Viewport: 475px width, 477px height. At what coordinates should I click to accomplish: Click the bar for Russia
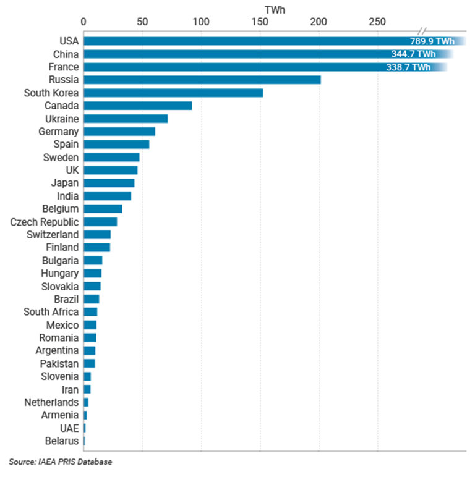[202, 80]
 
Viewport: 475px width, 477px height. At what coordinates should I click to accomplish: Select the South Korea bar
[173, 93]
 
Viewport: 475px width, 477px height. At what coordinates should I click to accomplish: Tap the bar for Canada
[138, 106]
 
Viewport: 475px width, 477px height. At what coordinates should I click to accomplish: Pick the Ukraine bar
[126, 119]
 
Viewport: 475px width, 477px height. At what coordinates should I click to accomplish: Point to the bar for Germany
[119, 132]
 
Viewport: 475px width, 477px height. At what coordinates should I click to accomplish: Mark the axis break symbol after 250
[422, 31]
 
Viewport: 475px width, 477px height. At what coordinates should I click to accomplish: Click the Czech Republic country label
[45, 222]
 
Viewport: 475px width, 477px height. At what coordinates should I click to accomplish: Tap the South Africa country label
[51, 312]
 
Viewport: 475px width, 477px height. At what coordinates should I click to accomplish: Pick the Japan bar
[109, 183]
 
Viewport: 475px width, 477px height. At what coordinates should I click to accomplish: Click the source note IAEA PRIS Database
[61, 462]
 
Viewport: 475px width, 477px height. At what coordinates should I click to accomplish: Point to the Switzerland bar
[97, 235]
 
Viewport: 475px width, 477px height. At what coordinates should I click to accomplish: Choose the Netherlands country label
[51, 402]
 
